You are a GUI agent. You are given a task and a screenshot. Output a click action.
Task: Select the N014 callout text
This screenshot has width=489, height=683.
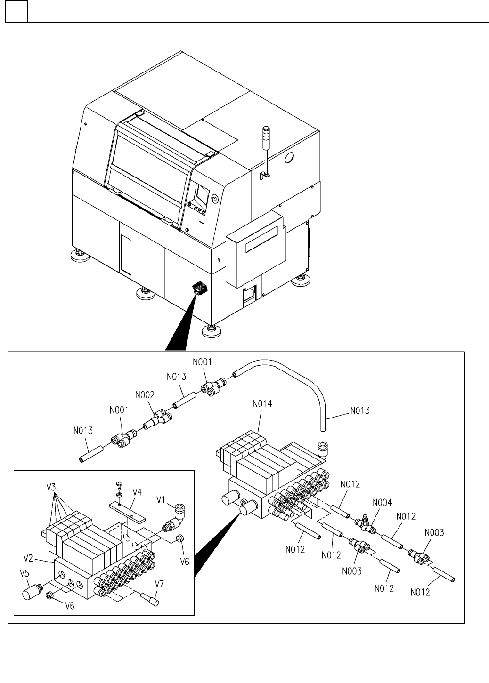point(262,403)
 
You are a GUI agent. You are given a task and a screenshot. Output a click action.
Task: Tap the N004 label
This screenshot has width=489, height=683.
point(382,503)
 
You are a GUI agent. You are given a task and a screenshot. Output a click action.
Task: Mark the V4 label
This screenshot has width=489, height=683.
point(137,492)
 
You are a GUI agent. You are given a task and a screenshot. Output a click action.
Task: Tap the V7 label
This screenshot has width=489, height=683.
point(160,584)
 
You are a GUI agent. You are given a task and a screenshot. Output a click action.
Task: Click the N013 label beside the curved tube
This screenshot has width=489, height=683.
point(359,411)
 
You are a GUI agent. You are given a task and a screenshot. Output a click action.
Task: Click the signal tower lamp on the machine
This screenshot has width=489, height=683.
point(266,134)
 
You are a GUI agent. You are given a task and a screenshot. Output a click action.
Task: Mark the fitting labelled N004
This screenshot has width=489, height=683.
point(365,522)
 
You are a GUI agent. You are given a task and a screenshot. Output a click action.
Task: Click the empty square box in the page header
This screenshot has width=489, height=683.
point(16,11)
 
